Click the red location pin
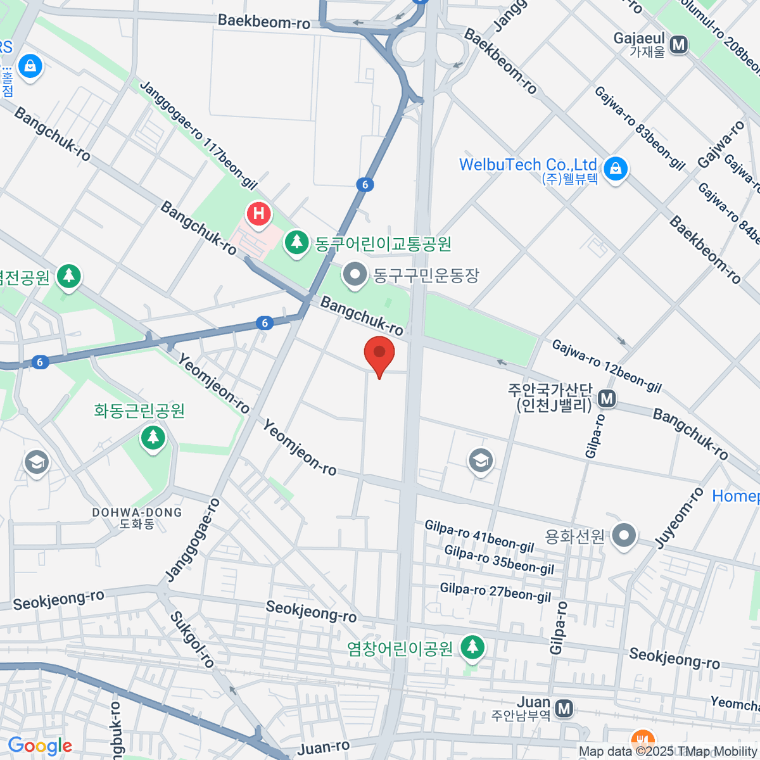coord(379,355)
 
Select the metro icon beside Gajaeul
coord(680,45)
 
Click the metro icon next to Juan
coord(563,709)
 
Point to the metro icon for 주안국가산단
coord(607,398)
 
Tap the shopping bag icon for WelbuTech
coord(615,169)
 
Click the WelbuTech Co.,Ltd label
coord(528,165)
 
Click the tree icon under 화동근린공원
coord(153,437)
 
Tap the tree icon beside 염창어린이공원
coord(472,647)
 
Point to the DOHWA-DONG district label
coord(137,512)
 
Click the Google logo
coord(40,746)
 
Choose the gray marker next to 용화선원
coord(624,536)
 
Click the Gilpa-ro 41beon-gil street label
coord(479,536)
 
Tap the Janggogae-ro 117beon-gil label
coord(198,136)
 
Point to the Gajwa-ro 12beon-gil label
coord(606,366)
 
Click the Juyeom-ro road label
coord(679,518)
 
